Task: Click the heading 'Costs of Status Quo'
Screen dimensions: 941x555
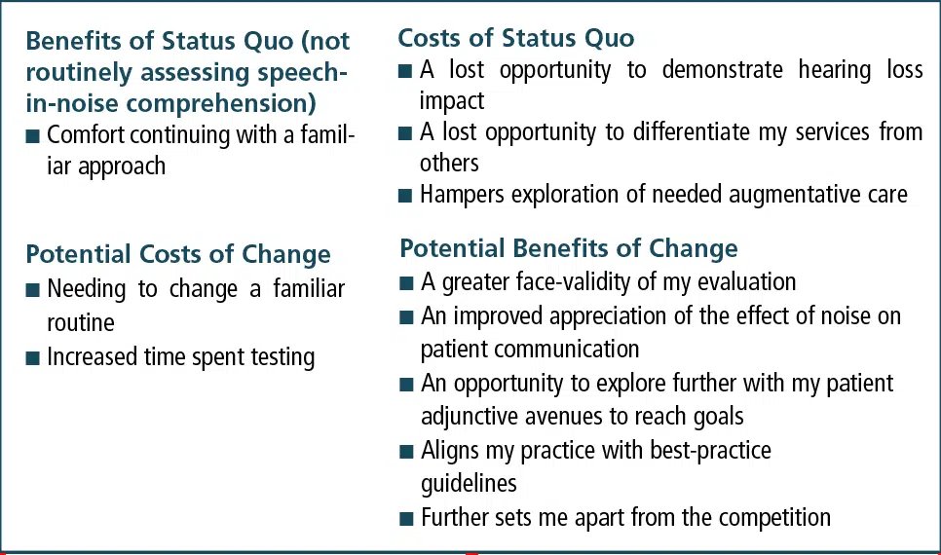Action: tap(516, 38)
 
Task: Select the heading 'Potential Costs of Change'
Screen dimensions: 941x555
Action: tap(178, 254)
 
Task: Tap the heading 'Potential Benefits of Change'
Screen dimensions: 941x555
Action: tap(569, 248)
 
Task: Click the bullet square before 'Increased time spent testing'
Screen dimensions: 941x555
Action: tap(32, 358)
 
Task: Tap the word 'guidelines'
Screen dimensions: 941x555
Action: tap(469, 484)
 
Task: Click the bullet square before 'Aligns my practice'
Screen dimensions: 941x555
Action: tap(406, 451)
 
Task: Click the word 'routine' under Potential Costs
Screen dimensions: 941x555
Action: tap(81, 323)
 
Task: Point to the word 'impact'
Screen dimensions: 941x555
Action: tap(452, 101)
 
